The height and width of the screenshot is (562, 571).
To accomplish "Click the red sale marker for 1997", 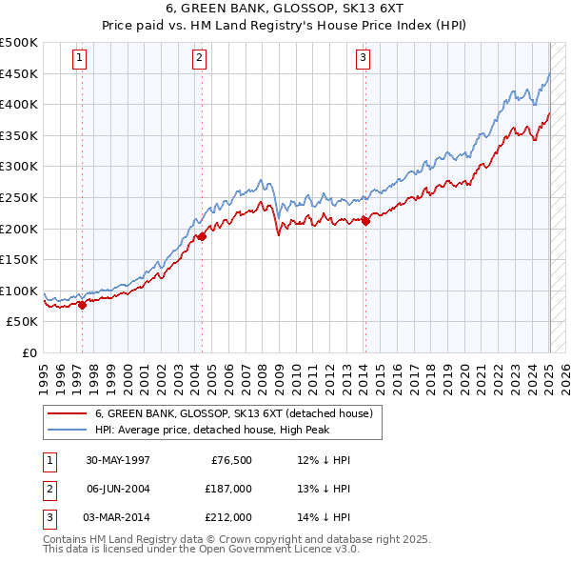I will [82, 305].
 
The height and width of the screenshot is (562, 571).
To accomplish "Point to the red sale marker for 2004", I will [202, 237].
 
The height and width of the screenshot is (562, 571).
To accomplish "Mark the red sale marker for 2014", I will [365, 221].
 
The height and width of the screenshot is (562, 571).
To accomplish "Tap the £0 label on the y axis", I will [30, 352].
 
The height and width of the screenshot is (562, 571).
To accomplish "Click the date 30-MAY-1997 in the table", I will [118, 460].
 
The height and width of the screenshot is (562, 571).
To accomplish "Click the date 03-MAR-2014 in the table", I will [118, 517].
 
